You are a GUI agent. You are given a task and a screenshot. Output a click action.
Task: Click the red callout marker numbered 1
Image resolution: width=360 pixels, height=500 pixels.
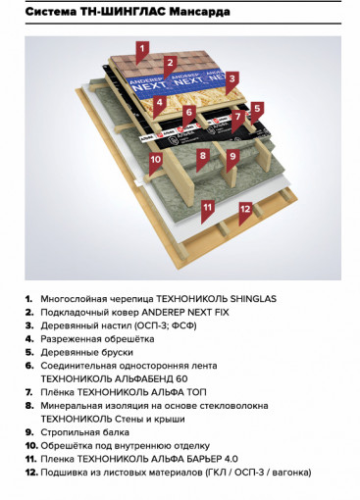(141, 48)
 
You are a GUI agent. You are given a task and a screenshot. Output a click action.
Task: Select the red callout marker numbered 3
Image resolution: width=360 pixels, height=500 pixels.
(233, 77)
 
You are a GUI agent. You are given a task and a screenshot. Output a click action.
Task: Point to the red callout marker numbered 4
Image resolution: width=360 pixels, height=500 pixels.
(159, 101)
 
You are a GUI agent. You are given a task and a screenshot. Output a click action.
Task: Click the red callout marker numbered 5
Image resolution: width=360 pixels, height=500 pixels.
(257, 109)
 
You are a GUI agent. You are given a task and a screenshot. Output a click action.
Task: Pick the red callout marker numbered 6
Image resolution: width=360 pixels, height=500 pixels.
(189, 112)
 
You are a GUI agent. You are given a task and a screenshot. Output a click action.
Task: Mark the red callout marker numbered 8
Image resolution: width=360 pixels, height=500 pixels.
(203, 154)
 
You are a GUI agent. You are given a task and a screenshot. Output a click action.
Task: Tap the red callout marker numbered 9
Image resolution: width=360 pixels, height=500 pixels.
(233, 155)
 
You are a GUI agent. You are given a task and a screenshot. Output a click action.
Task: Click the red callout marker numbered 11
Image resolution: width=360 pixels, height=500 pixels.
(207, 207)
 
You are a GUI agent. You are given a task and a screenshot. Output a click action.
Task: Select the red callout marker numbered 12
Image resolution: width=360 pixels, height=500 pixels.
(245, 208)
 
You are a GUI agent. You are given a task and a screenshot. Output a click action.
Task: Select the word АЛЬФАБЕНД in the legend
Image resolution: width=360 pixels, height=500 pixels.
(139, 377)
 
